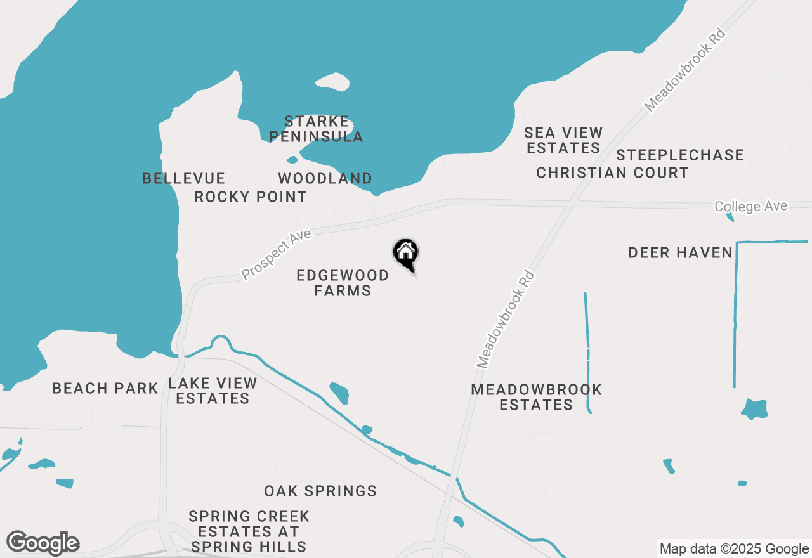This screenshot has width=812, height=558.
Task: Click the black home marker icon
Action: (406, 253)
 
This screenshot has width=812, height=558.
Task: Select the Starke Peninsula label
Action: (316, 129)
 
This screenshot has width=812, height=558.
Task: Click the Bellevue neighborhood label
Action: (184, 178)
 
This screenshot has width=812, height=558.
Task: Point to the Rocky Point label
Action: (251, 197)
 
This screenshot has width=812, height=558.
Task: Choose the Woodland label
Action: (325, 178)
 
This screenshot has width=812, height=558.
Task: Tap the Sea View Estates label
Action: (563, 140)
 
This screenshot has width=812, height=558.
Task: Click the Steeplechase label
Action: (679, 155)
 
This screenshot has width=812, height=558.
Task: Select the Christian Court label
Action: (612, 172)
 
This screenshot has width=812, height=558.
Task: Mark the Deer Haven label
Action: (680, 252)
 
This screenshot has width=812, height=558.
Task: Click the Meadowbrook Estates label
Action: (536, 397)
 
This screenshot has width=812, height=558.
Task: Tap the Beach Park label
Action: (105, 388)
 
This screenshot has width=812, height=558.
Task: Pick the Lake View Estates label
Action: (213, 391)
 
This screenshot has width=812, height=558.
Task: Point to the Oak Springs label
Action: (320, 491)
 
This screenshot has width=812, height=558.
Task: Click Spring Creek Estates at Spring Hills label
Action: (249, 531)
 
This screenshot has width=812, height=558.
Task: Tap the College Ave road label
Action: (750, 207)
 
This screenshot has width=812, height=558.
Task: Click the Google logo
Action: (43, 543)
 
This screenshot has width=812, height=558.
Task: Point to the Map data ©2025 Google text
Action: (734, 549)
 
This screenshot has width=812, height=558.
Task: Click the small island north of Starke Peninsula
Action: (332, 82)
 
